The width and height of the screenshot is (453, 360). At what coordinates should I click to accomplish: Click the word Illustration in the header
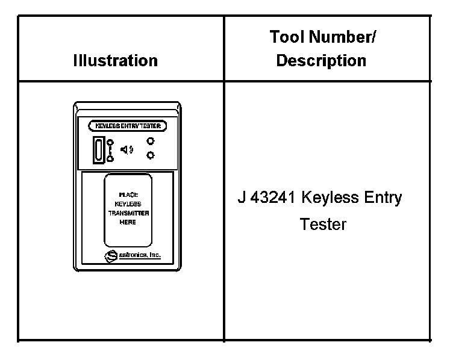pyautogui.click(x=115, y=60)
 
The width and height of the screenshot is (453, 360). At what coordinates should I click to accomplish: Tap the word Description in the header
pyautogui.click(x=321, y=61)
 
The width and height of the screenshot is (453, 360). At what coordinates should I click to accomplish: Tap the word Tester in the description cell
pyautogui.click(x=323, y=224)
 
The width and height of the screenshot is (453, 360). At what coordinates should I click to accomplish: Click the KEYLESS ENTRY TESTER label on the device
pyautogui.click(x=127, y=126)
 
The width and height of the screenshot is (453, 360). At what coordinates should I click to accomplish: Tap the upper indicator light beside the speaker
pyautogui.click(x=150, y=142)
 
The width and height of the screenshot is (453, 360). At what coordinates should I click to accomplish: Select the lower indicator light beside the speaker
pyautogui.click(x=150, y=156)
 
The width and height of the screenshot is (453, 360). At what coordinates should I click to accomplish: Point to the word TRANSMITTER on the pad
pyautogui.click(x=127, y=213)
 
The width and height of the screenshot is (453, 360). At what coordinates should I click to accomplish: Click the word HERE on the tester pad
pyautogui.click(x=127, y=222)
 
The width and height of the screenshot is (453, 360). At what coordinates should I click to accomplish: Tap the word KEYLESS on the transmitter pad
pyautogui.click(x=127, y=204)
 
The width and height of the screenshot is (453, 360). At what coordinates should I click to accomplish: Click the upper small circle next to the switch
pyautogui.click(x=110, y=143)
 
